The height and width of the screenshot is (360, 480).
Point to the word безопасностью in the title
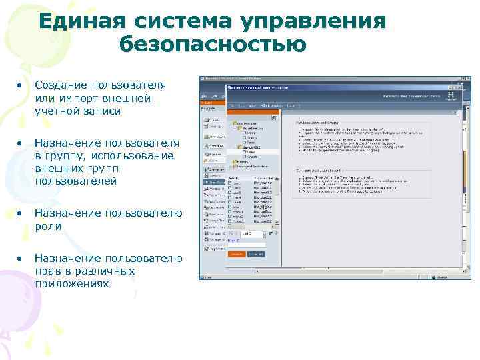tap(213, 45)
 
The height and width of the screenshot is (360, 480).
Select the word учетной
tap(56, 111)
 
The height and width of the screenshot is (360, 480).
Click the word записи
tap(101, 111)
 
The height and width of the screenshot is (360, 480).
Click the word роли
tap(48, 226)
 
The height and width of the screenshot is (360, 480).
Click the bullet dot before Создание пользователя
tap(21, 86)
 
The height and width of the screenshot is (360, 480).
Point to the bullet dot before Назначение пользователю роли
tap(21, 213)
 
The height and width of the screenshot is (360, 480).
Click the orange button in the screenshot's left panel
tap(237, 254)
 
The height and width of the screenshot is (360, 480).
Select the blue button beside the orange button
tap(255, 254)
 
